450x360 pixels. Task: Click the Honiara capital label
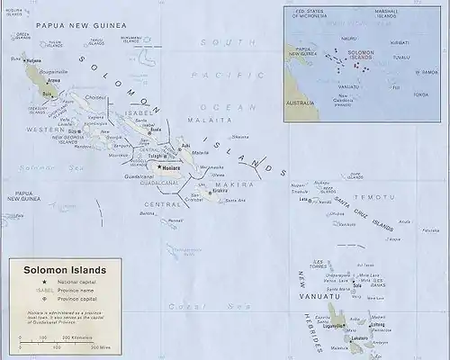(172, 167)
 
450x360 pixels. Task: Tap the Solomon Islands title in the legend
(58, 269)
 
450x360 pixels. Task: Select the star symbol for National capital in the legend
(44, 283)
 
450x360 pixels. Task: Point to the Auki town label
(185, 145)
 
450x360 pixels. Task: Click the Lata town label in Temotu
(303, 199)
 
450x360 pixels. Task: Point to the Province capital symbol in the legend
(44, 298)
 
